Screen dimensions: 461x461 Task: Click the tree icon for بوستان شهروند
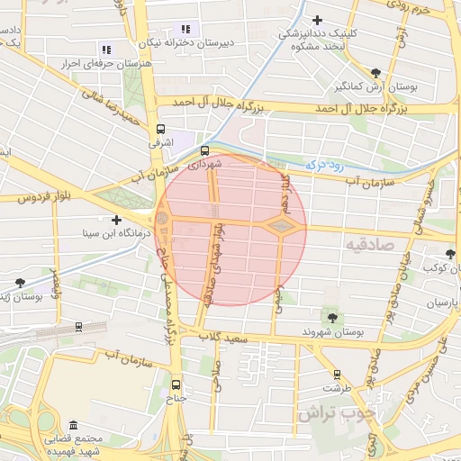(x=332, y=317)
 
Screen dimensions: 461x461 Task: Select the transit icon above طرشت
(x=338, y=374)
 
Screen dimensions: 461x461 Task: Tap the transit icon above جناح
(x=176, y=383)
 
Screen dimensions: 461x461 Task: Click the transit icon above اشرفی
(x=161, y=129)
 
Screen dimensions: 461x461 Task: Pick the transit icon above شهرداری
(x=205, y=150)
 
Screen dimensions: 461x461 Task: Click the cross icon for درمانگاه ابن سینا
(x=116, y=220)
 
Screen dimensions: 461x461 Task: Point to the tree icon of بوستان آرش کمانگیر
(x=375, y=73)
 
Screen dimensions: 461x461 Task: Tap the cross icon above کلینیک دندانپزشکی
(x=317, y=20)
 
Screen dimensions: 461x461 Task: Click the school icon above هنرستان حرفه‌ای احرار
(x=106, y=50)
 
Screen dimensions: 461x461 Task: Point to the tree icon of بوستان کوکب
(x=451, y=255)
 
